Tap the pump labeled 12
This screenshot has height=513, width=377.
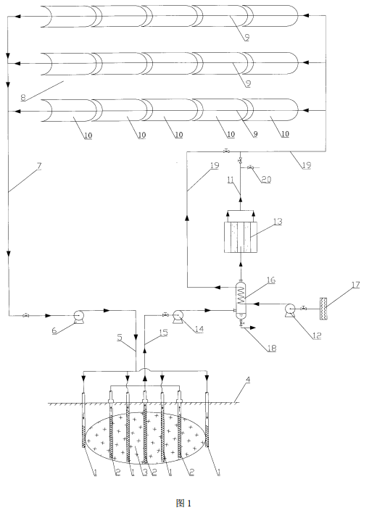[289, 310]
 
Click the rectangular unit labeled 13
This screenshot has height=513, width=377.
[241, 237]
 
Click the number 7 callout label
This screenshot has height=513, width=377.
[39, 166]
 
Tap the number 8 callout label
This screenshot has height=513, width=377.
[23, 98]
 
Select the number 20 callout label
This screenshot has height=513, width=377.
[266, 179]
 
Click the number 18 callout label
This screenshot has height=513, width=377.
[272, 348]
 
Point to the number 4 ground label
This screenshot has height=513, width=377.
[248, 380]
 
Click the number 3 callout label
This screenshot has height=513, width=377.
[145, 472]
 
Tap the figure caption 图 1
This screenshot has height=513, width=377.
[183, 503]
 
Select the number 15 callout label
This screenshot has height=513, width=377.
[163, 333]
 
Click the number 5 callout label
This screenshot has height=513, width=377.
[120, 337]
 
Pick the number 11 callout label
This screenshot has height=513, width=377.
[231, 179]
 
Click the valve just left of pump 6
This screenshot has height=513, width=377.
[25, 315]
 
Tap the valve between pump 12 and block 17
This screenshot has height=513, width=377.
[304, 308]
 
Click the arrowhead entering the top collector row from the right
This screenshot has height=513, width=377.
[306, 15]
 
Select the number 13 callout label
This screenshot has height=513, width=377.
[278, 222]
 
